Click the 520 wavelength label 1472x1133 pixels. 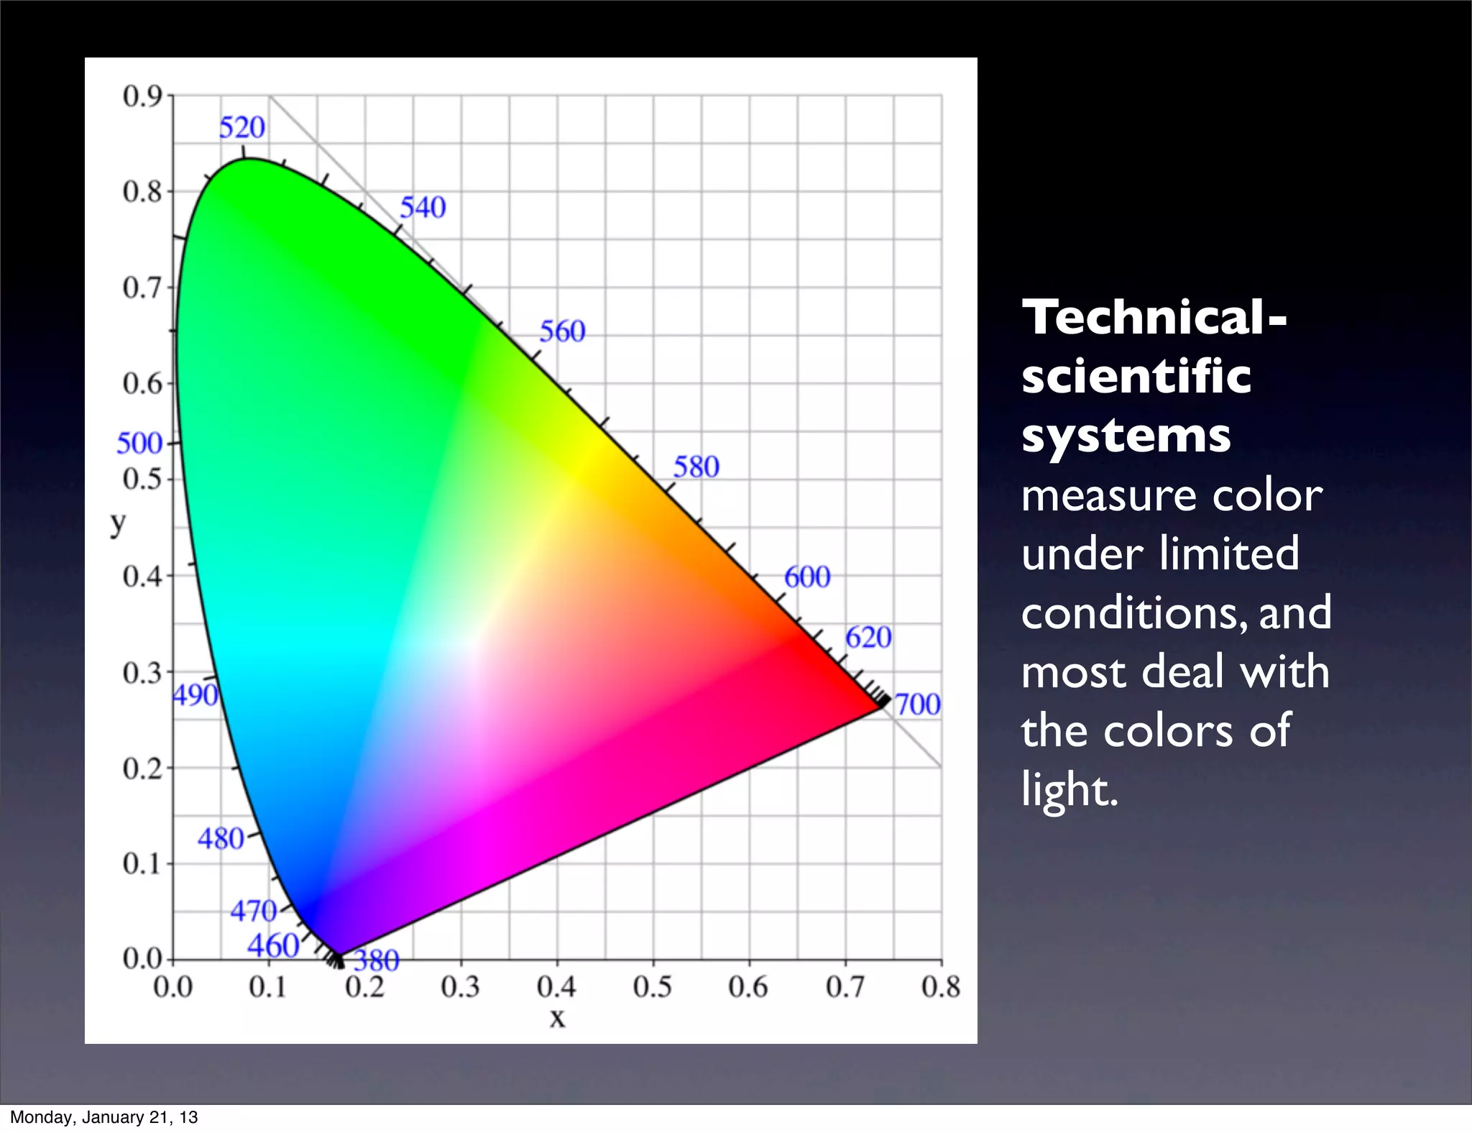tap(242, 128)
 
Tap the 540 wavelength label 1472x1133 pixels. tap(423, 208)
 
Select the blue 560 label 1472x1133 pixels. tap(562, 331)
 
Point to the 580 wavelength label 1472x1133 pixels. tap(696, 467)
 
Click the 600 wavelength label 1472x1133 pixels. tap(806, 577)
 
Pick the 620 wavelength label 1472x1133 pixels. tap(868, 638)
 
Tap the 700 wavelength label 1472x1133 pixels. tap(917, 705)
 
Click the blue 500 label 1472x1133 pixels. tap(139, 444)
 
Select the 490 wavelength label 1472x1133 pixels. tap(195, 695)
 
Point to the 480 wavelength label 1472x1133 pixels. tap(221, 839)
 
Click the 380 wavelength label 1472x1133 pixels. tap(376, 960)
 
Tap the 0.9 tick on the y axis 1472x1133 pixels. tap(142, 96)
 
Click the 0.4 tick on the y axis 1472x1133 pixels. tap(142, 576)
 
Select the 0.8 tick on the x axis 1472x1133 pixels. tap(941, 987)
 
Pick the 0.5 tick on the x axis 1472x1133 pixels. tap(652, 987)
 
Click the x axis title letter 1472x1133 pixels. tap(557, 1018)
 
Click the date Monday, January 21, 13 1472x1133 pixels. tap(103, 1117)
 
